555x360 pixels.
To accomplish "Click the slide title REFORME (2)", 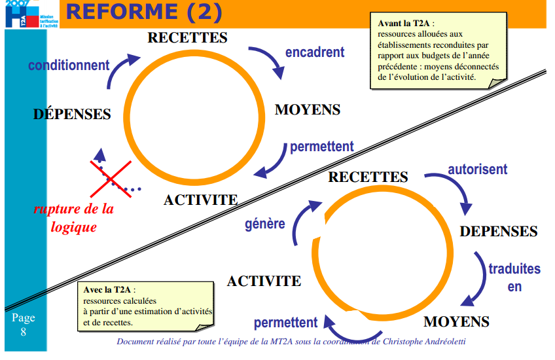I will (145, 12).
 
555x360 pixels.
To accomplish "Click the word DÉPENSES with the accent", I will (72, 114).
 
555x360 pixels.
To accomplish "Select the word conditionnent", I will (69, 65).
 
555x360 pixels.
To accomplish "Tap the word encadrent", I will (315, 52).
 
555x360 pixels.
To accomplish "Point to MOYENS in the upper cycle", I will (308, 109).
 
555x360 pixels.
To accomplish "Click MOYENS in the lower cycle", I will (456, 321).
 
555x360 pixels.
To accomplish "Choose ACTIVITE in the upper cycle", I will (200, 200).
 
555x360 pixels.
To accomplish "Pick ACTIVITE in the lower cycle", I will (264, 281).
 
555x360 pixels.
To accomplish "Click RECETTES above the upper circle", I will (187, 37).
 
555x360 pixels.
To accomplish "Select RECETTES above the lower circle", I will (368, 177).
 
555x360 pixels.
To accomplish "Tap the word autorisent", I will (477, 170).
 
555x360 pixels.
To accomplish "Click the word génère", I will (265, 224).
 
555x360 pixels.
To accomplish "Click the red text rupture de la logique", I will (73, 218).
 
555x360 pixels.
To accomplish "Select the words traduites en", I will (514, 277).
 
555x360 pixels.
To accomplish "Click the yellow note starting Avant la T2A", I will (437, 49).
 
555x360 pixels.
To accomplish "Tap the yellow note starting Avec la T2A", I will (147, 306).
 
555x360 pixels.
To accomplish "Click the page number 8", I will (24, 332).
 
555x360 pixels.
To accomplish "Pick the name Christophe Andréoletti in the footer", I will (427, 342).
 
